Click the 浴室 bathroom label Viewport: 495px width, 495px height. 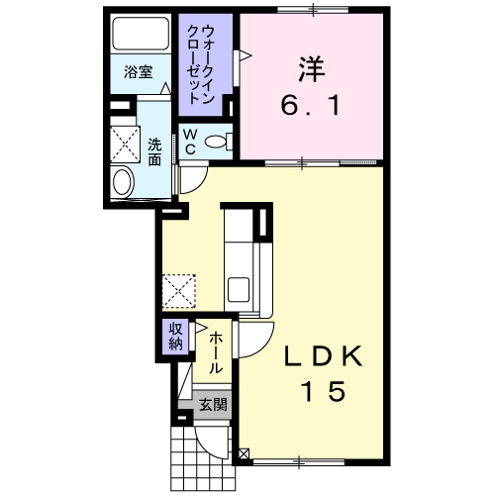click(x=137, y=72)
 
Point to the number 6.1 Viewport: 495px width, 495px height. click(x=311, y=103)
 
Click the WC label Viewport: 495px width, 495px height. click(x=189, y=142)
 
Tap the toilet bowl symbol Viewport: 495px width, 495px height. click(x=215, y=142)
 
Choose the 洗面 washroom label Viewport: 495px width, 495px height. click(x=154, y=150)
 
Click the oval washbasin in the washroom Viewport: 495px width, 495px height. click(x=123, y=182)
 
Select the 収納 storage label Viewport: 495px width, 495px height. click(x=175, y=337)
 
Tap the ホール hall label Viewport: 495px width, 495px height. click(x=215, y=352)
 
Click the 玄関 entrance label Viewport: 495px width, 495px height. click(x=212, y=404)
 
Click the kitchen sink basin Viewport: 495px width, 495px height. click(x=240, y=291)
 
